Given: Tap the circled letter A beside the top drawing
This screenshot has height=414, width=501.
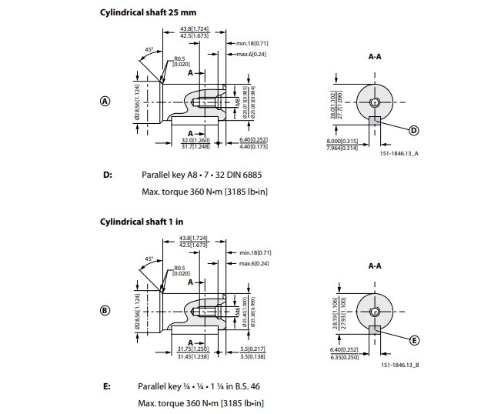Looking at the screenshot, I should [105, 100].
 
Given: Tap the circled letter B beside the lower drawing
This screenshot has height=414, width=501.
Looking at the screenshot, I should [105, 311].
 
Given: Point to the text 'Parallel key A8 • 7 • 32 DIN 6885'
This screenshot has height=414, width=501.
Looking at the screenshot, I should [203, 175].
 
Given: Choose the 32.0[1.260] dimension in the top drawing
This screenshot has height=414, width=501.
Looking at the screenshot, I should [196, 140].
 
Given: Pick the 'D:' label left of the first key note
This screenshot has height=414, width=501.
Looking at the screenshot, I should [107, 175].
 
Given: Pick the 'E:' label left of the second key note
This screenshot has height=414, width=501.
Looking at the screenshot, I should [107, 386].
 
